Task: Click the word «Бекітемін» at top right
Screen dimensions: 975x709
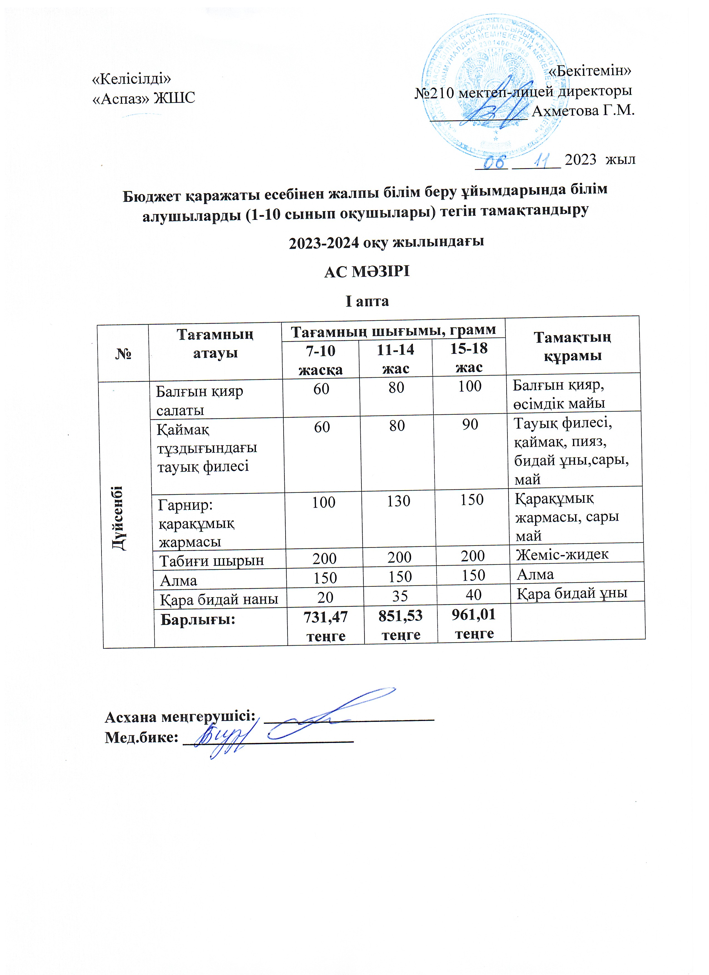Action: point(590,71)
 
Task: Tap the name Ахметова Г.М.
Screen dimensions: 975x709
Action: point(583,111)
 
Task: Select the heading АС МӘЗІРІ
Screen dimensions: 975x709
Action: point(367,272)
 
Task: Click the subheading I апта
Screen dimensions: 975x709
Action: point(367,301)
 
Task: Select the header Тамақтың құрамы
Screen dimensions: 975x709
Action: point(572,347)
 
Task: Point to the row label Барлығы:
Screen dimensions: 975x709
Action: point(197,620)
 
